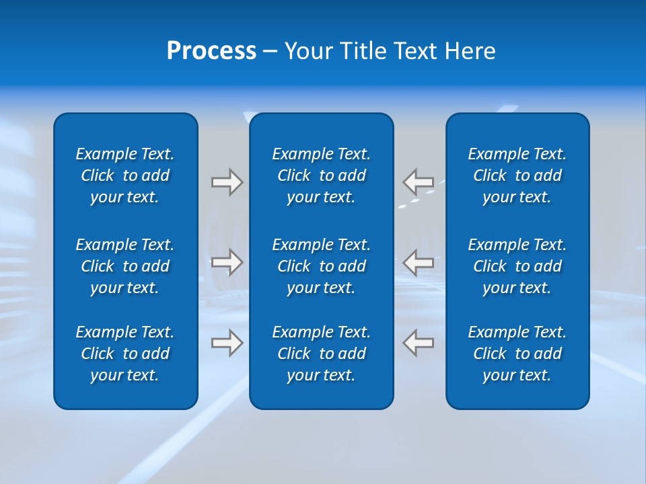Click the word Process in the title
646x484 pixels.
(x=211, y=51)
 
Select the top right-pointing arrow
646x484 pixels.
(x=227, y=182)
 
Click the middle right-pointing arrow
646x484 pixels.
(x=227, y=262)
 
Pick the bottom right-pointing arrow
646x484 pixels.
(x=227, y=343)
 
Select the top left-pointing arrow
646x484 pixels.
(x=418, y=182)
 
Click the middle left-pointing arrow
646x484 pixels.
(x=418, y=262)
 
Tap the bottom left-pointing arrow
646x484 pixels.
(x=418, y=343)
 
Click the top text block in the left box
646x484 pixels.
(x=125, y=175)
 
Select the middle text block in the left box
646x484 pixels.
(x=125, y=266)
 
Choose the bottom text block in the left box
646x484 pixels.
(x=125, y=354)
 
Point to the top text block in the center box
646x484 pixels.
(x=321, y=175)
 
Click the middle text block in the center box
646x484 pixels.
(x=321, y=266)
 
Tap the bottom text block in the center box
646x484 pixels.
(x=321, y=354)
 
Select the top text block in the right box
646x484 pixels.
(x=517, y=175)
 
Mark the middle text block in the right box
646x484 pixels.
(x=517, y=266)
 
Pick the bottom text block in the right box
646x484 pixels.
(x=517, y=354)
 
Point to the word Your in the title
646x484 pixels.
(x=307, y=51)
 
